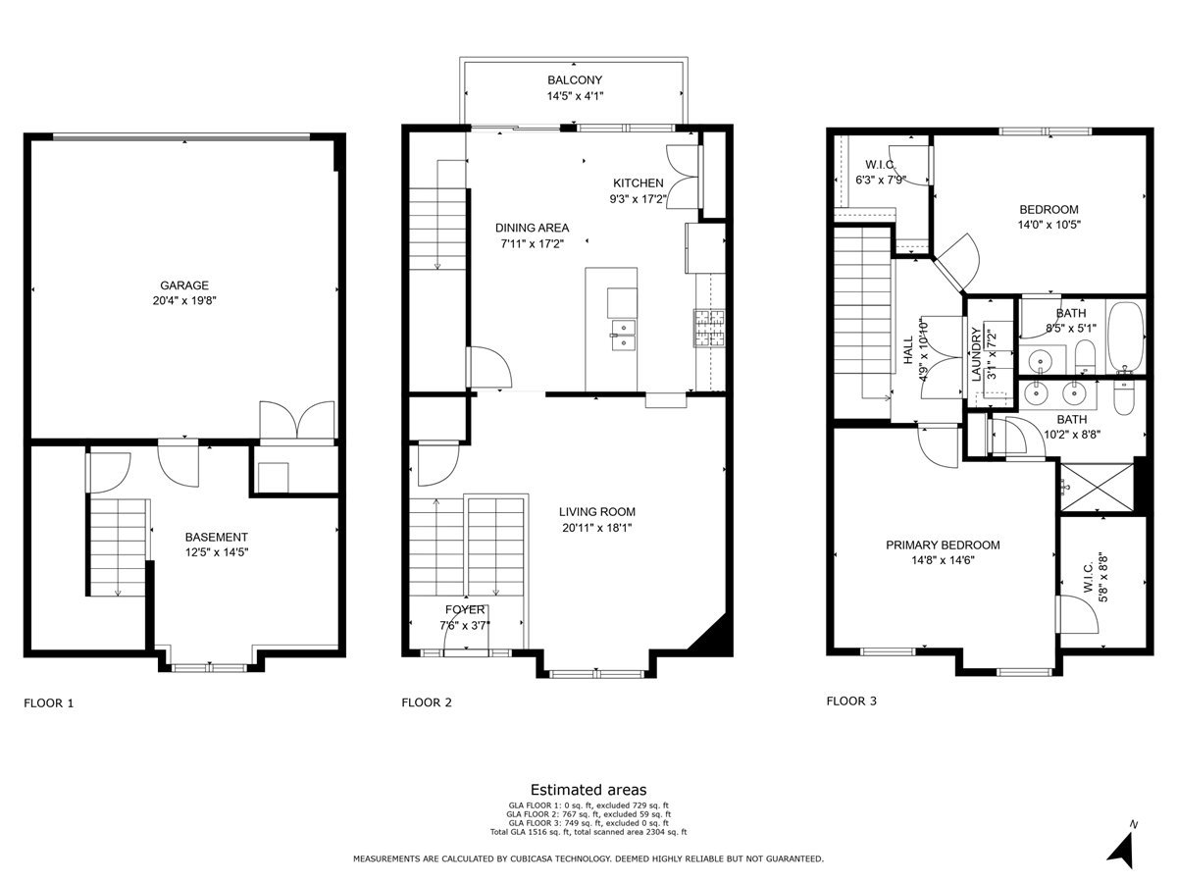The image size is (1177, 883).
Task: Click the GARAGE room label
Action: [184, 286]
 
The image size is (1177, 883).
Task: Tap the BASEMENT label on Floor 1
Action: [217, 537]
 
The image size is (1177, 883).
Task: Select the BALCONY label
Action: [575, 80]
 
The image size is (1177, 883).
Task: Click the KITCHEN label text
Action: [639, 183]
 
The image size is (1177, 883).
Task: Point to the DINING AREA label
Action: [532, 228]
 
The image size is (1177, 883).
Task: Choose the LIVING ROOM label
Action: [597, 511]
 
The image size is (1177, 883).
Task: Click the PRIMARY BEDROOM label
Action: [943, 545]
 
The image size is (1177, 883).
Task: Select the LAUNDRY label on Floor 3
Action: [977, 355]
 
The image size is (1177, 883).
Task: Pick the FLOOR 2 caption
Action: [427, 702]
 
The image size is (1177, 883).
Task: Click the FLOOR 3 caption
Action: [852, 701]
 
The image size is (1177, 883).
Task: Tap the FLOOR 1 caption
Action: [48, 702]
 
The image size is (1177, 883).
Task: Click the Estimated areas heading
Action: [588, 789]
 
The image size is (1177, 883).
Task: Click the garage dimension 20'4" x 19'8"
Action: [184, 301]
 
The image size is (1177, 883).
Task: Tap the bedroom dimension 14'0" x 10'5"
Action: [1049, 224]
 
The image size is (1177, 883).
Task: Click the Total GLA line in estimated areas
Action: [588, 832]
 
